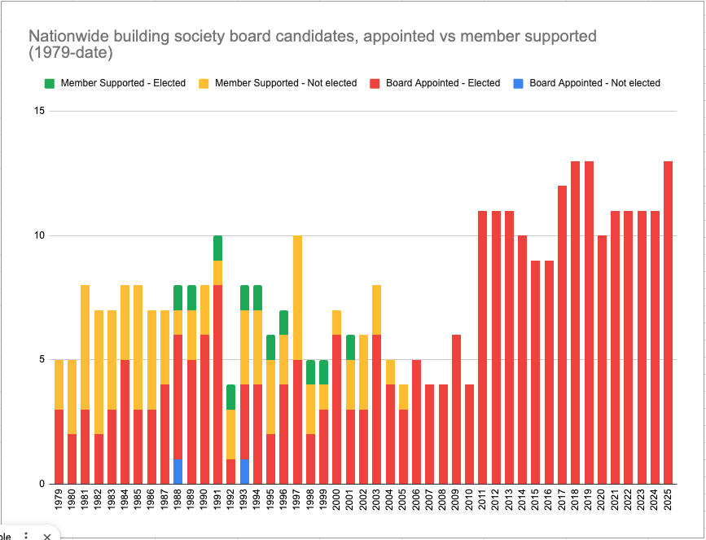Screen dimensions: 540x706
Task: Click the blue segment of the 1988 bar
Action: [x=178, y=472]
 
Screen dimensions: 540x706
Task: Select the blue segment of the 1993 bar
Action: [x=244, y=472]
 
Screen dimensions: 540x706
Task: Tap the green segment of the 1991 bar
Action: [x=217, y=248]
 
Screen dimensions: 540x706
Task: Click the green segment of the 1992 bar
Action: [x=230, y=397]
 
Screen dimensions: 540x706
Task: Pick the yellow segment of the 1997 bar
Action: [x=297, y=297]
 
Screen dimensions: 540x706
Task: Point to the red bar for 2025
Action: [x=669, y=323]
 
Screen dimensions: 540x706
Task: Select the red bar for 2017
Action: [x=563, y=335]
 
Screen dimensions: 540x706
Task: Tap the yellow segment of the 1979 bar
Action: [x=59, y=384]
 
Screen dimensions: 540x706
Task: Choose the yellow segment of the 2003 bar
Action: [x=377, y=310]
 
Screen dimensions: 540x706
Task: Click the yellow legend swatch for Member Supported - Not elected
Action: [x=204, y=83]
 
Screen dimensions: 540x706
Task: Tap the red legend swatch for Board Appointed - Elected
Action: [x=375, y=83]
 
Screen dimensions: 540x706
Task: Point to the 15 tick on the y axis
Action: [x=39, y=112]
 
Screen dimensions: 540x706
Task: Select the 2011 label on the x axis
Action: [x=482, y=501]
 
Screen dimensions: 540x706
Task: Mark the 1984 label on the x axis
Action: [x=125, y=501]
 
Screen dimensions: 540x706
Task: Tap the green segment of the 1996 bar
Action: [x=284, y=323]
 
